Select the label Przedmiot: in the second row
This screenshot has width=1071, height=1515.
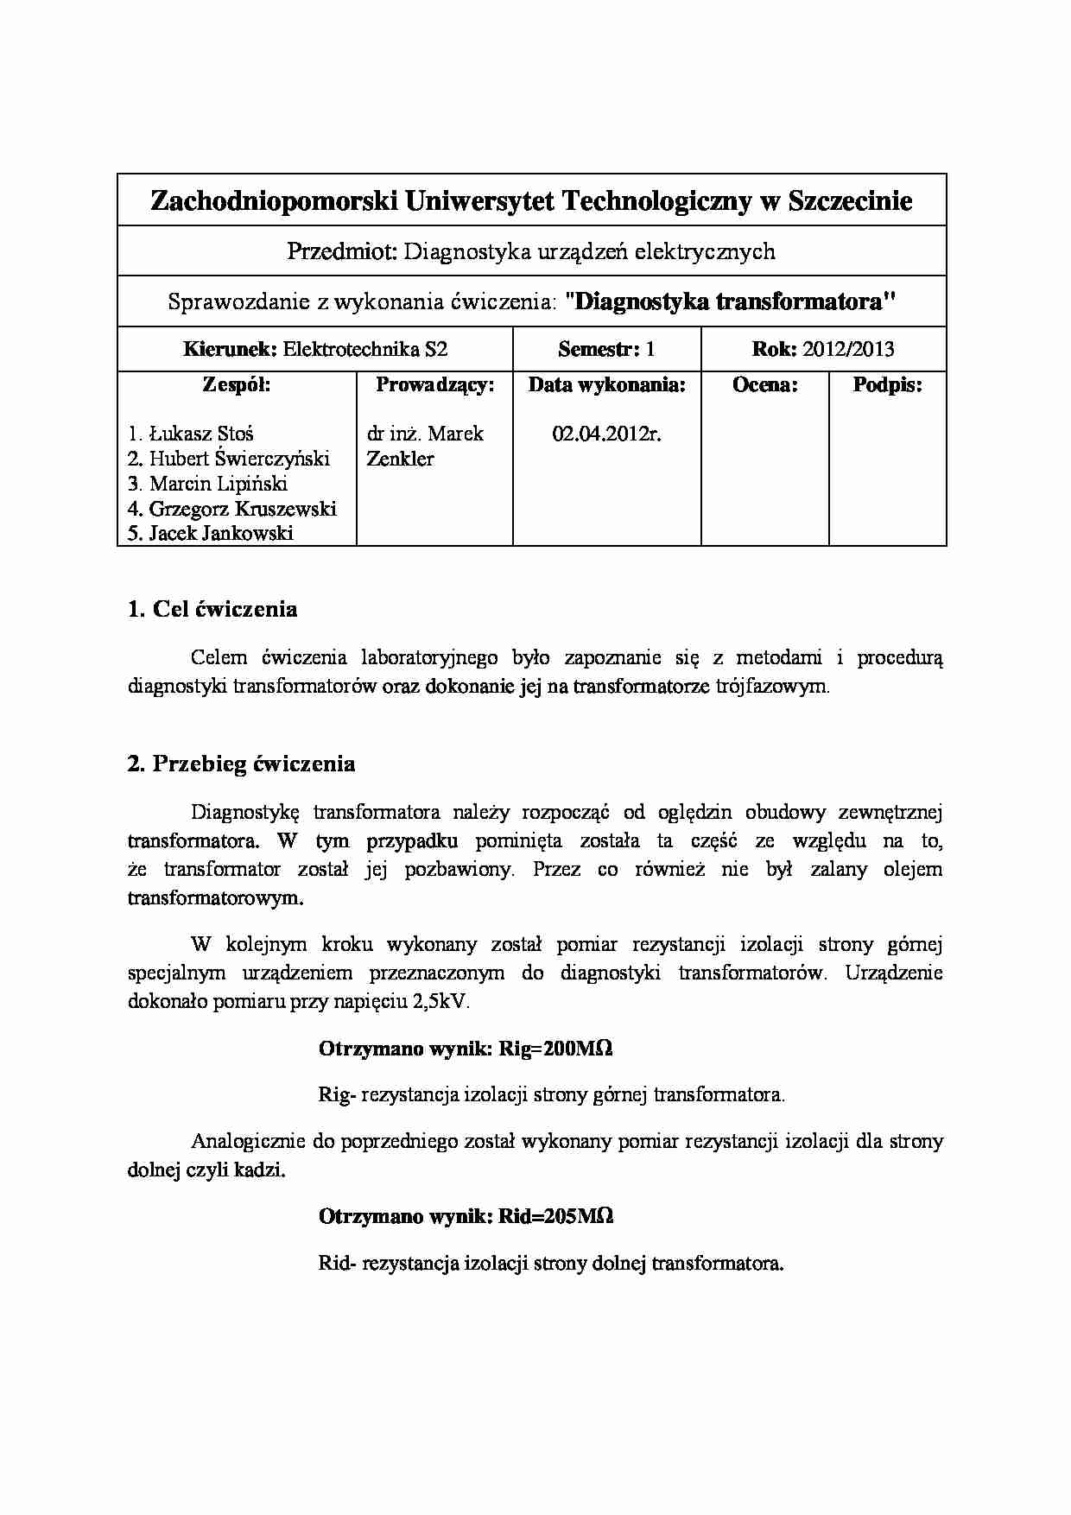342,251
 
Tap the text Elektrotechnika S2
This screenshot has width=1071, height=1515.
365,350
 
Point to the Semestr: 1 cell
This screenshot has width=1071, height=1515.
606,350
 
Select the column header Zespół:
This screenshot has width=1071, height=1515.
237,385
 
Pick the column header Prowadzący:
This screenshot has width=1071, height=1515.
434,385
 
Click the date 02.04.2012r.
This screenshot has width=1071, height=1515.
606,434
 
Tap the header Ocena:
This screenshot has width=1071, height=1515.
764,385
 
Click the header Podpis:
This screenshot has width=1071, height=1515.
887,385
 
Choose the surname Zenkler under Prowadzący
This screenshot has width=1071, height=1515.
400,459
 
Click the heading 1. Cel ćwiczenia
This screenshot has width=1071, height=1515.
212,609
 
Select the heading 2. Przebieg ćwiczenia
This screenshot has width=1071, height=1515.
241,764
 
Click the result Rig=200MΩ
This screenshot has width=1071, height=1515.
555,1049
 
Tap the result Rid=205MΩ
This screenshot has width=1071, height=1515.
555,1216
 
